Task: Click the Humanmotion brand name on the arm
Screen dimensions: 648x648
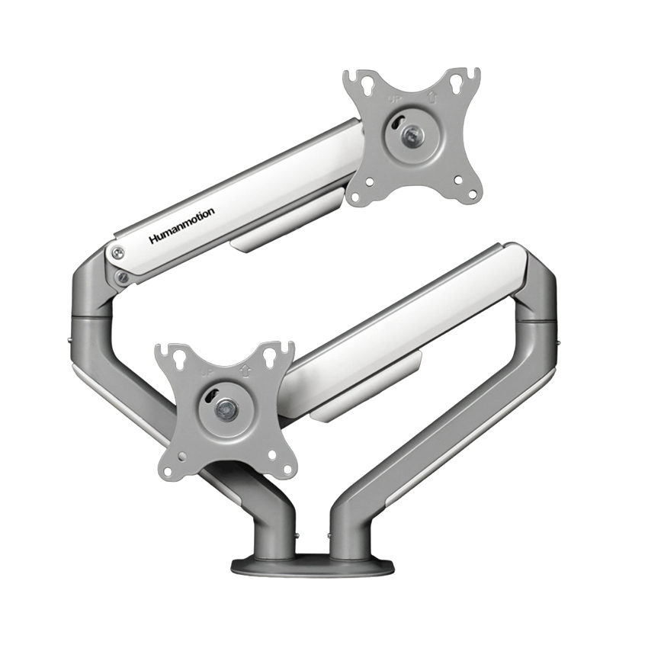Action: (181, 226)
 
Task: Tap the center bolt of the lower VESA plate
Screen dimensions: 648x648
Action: (225, 409)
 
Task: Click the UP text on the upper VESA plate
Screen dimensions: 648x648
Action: (395, 99)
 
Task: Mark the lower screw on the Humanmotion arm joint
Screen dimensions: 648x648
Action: (120, 277)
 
